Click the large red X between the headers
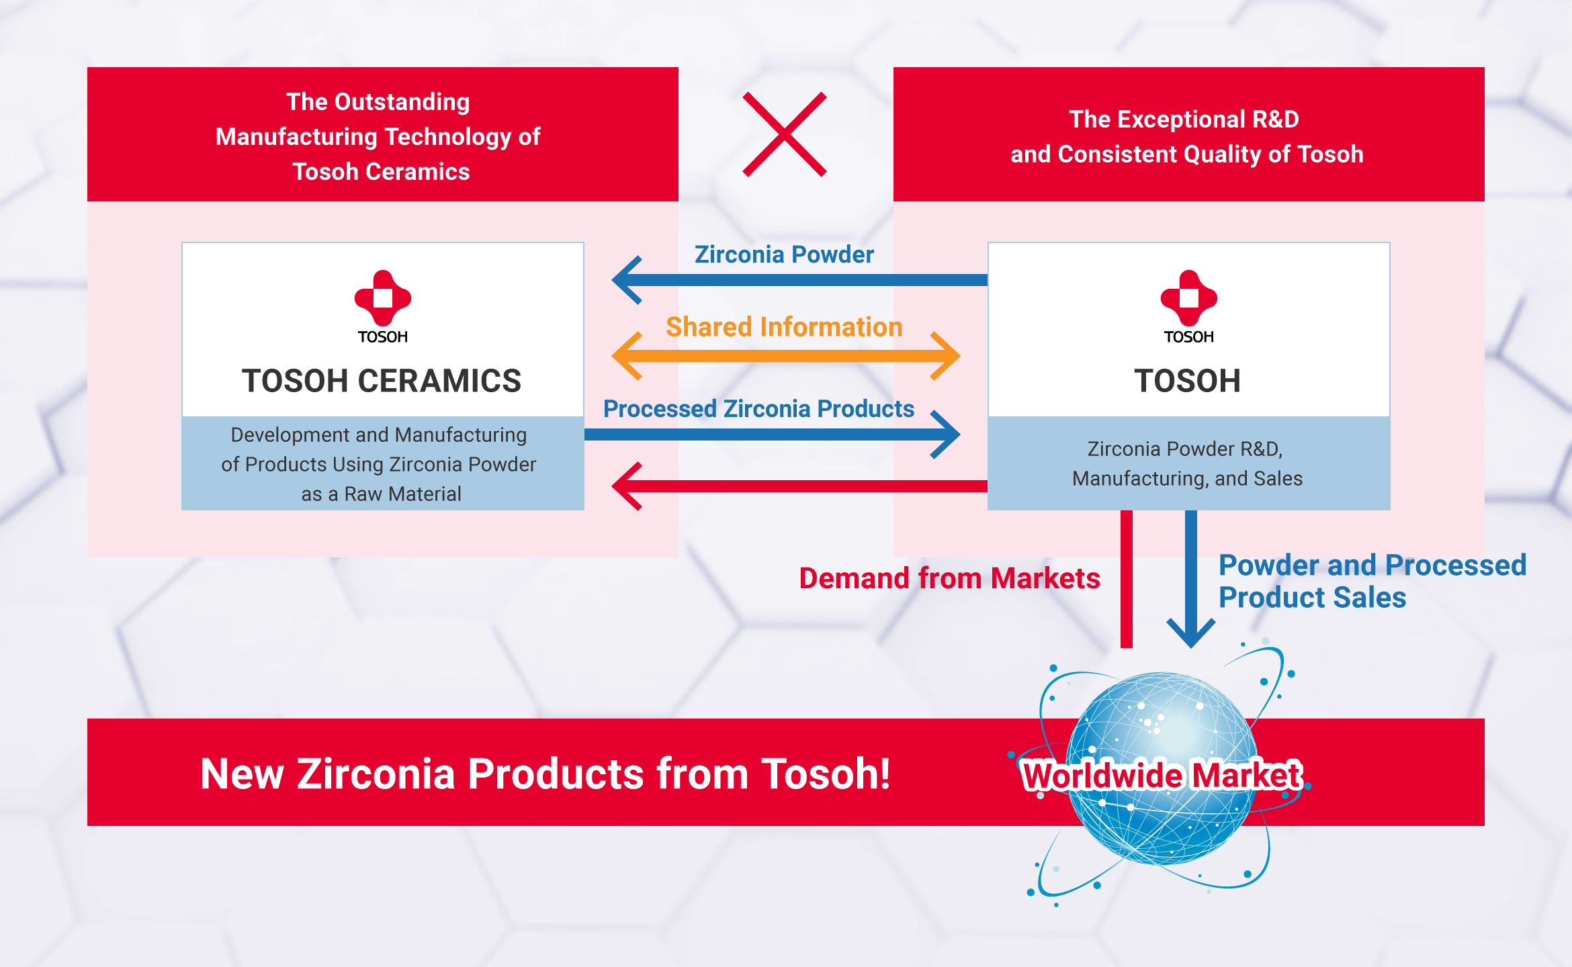pos(785,134)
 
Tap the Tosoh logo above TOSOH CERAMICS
pos(383,307)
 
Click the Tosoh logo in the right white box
pos(1189,307)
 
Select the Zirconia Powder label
pos(784,255)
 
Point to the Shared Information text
pos(784,327)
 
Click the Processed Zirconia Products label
pos(758,409)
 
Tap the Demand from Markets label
pos(949,578)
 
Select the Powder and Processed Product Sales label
pos(1372,582)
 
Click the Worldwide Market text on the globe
pos(1162,776)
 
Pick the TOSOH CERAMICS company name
pos(382,381)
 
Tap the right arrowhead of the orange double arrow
pos(945,356)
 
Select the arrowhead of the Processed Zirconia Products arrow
pos(945,434)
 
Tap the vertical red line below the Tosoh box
pos(1127,579)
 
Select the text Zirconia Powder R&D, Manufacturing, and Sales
pos(1187,463)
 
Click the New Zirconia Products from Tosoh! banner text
pos(545,774)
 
